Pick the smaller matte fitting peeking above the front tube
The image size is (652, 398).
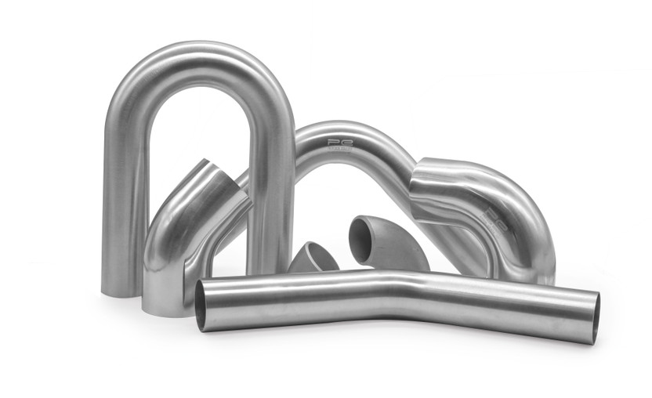(x=313, y=259)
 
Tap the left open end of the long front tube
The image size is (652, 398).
(x=205, y=305)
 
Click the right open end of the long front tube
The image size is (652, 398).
(x=593, y=317)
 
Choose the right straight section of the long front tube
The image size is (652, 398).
(x=502, y=302)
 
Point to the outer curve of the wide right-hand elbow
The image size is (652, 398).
(x=525, y=204)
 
